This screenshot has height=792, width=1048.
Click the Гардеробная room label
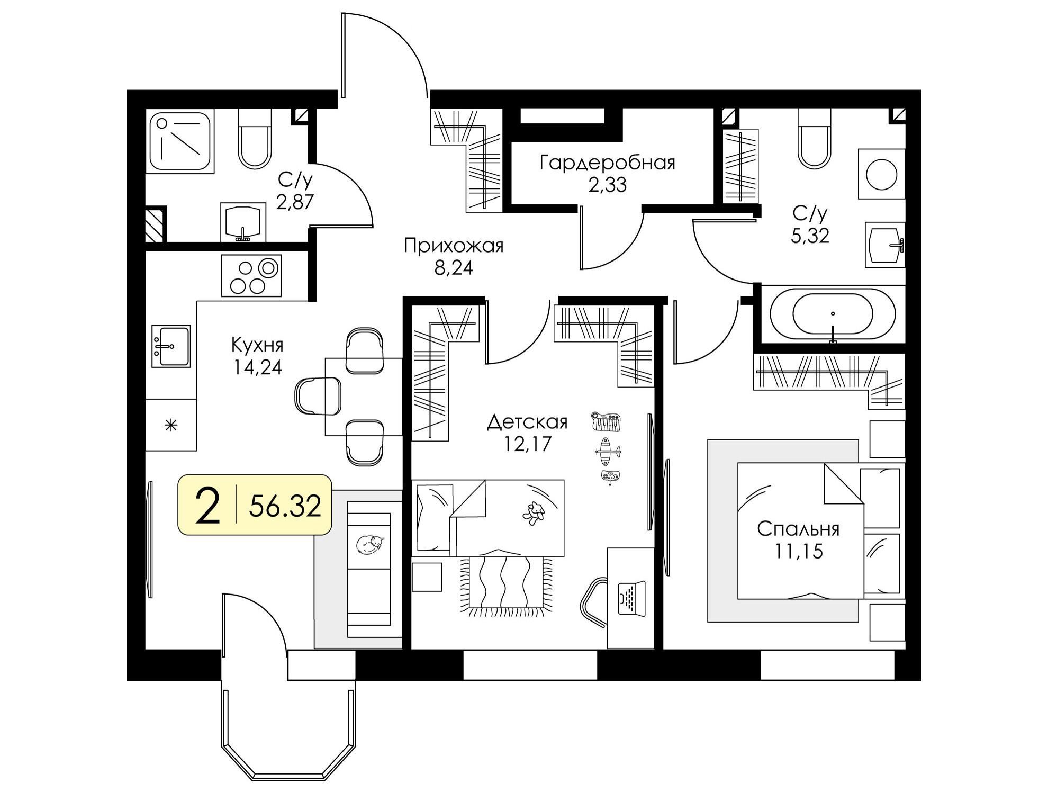607,163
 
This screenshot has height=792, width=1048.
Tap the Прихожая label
454,246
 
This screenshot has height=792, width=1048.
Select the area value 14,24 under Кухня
258,367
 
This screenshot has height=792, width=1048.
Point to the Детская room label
527,422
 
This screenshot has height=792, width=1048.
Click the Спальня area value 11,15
799,551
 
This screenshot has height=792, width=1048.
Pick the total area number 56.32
285,506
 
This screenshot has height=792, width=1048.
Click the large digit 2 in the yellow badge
207,506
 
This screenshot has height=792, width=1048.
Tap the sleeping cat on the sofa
370,544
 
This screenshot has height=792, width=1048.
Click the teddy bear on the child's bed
534,513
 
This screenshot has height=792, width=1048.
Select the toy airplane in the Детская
608,451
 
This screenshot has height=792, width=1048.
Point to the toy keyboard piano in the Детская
607,422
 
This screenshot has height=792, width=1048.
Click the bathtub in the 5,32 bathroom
833,314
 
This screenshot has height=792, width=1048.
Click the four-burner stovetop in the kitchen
251,276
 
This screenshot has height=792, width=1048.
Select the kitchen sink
171,346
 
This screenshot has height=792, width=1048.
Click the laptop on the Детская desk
633,598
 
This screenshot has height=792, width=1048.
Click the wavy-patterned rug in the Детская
505,587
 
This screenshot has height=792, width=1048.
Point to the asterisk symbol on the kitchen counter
171,425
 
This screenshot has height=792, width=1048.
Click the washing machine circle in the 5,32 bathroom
881,174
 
